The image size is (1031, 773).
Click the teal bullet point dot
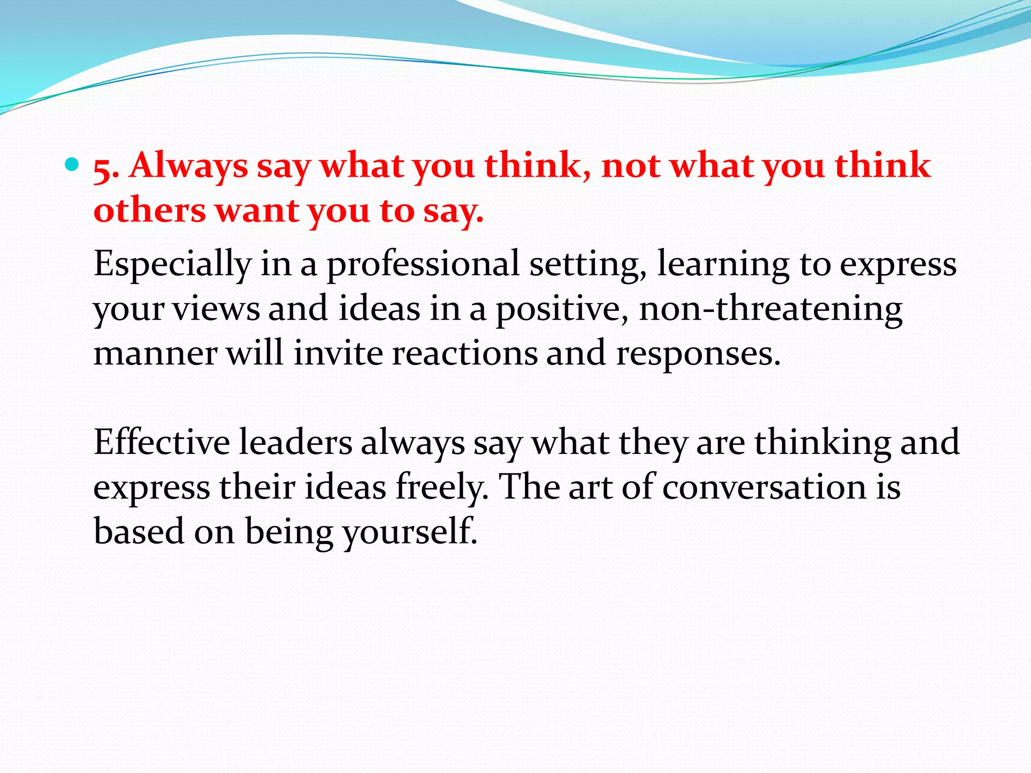tap(72, 164)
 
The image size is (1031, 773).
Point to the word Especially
tap(172, 264)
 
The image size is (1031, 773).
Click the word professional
tap(423, 264)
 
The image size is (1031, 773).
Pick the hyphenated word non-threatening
tap(770, 309)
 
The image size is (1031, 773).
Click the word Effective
tap(162, 442)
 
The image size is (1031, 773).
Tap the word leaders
tap(296, 442)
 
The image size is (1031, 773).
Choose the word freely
tap(441, 487)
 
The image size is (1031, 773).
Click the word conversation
tap(765, 487)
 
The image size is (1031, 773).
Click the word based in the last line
tap(139, 531)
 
